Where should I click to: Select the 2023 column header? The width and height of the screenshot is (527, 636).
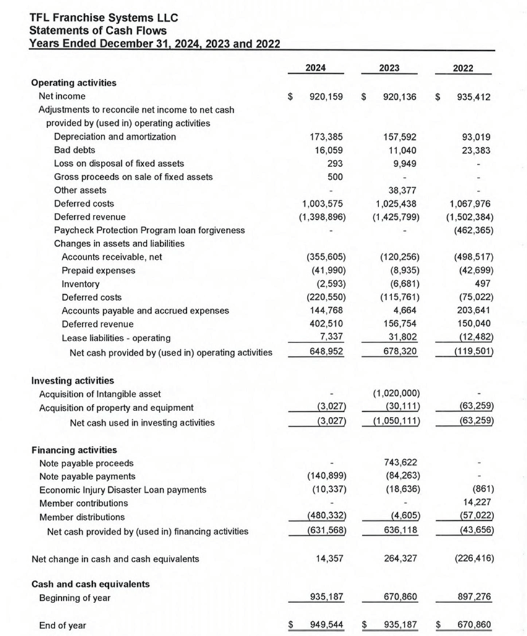pos(389,68)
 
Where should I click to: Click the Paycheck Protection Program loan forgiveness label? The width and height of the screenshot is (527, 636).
pos(149,230)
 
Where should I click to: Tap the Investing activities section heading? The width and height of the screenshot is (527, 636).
pos(72,380)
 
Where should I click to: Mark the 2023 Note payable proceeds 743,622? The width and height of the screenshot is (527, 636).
pos(400,463)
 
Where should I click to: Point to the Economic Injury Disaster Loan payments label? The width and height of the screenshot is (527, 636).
pos(122,490)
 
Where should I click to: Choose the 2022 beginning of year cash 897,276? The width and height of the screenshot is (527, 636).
pos(474,598)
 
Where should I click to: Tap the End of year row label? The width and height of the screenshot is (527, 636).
pos(62,625)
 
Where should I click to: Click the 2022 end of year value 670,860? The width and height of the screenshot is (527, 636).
pos(474,625)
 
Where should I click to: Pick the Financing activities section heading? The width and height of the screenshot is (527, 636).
pos(74,450)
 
